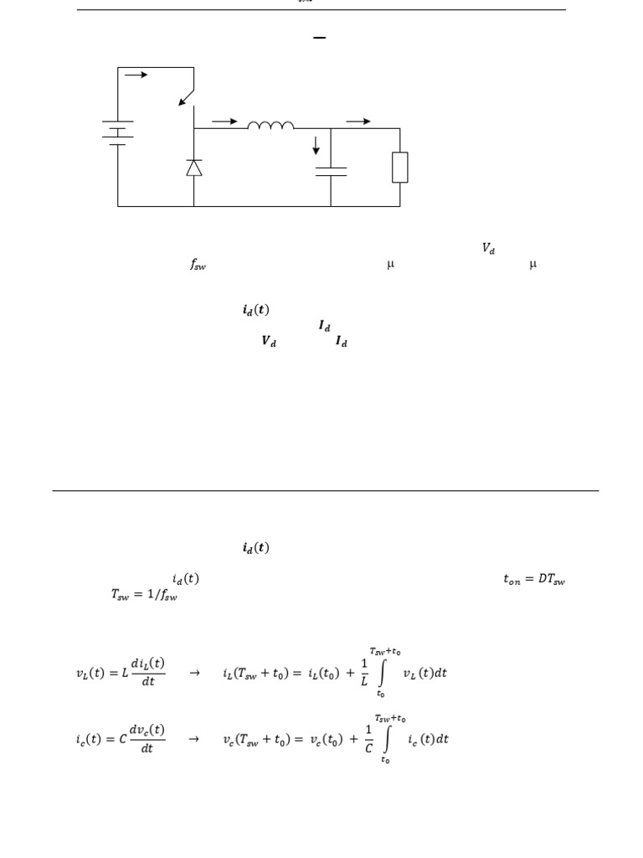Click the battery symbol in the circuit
(117, 133)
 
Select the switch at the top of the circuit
(188, 94)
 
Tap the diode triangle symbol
(193, 168)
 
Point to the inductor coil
(270, 126)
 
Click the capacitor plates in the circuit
(331, 171)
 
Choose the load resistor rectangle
(400, 167)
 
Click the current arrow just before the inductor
(224, 121)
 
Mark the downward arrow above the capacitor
(316, 146)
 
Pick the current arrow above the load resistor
(358, 121)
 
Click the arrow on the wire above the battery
(136, 75)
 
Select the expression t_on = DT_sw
(533, 579)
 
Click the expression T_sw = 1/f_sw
(144, 595)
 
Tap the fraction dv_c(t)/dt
(147, 739)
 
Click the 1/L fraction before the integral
(364, 673)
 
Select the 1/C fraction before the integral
(364, 739)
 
